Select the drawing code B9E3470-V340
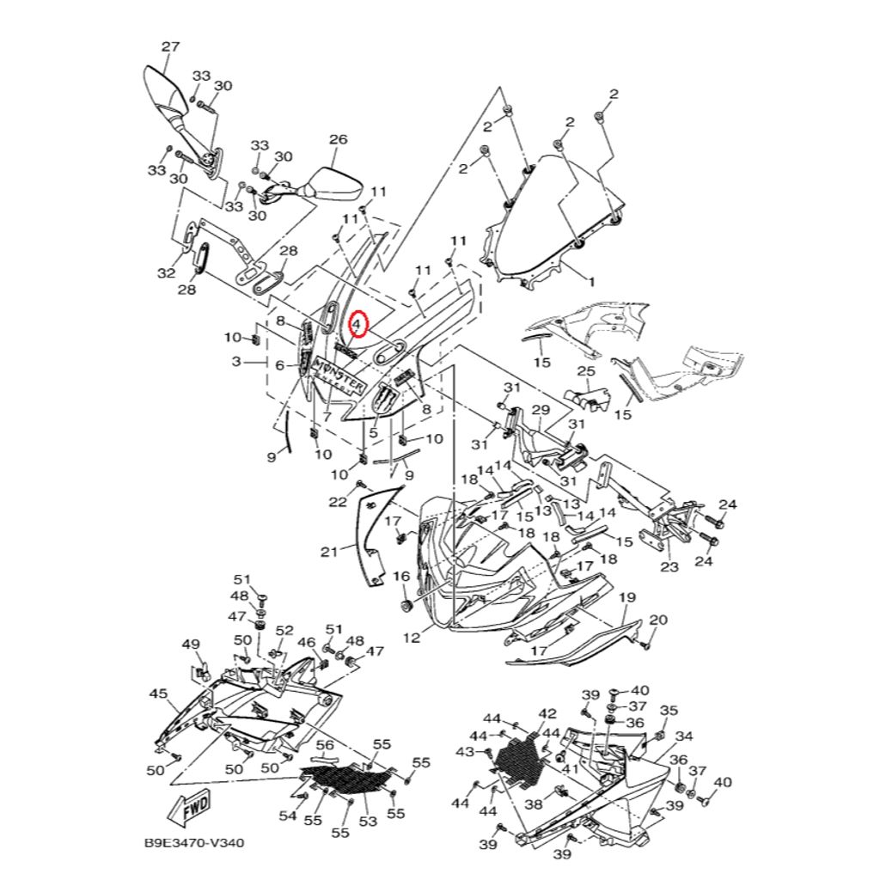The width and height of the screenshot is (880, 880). pyautogui.click(x=194, y=843)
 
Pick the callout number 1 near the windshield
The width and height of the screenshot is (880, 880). pyautogui.click(x=590, y=280)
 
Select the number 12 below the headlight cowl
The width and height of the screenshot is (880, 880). pyautogui.click(x=412, y=638)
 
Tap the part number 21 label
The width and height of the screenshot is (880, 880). pyautogui.click(x=330, y=552)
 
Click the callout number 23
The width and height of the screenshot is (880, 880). pyautogui.click(x=669, y=567)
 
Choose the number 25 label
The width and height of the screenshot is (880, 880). pyautogui.click(x=585, y=371)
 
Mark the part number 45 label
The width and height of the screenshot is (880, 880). pyautogui.click(x=158, y=694)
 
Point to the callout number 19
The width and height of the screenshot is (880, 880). pyautogui.click(x=626, y=597)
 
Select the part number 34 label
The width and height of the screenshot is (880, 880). pyautogui.click(x=684, y=736)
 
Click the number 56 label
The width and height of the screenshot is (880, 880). pyautogui.click(x=324, y=745)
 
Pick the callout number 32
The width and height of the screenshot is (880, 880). pyautogui.click(x=165, y=274)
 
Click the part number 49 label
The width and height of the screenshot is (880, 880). pyautogui.click(x=191, y=645)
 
